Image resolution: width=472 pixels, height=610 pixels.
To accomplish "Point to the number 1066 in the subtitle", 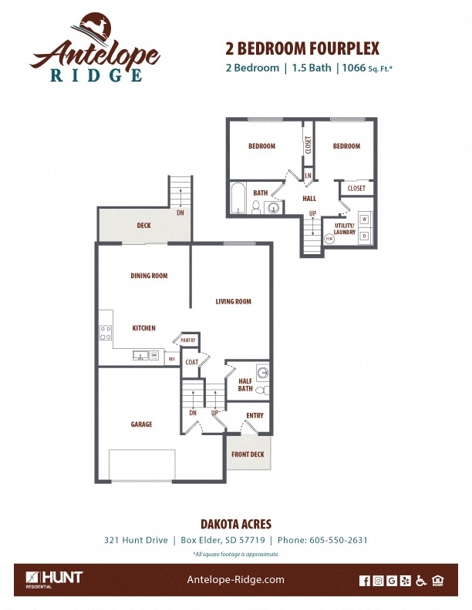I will click(x=352, y=68).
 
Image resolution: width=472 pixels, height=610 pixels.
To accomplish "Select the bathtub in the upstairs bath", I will click(x=238, y=199).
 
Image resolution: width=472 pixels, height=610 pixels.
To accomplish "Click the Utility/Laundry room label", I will click(x=344, y=229).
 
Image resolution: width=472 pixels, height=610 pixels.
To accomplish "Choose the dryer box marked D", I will click(x=364, y=235).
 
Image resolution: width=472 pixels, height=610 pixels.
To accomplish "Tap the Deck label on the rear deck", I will click(x=143, y=226).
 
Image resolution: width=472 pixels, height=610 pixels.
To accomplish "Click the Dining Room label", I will click(x=149, y=276).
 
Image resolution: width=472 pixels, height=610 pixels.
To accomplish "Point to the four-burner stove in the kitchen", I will click(x=105, y=333).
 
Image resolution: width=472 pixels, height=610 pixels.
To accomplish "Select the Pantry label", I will click(x=188, y=340).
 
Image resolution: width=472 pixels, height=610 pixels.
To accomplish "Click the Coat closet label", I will click(x=192, y=362).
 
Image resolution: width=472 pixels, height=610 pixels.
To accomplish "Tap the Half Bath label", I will click(x=245, y=384).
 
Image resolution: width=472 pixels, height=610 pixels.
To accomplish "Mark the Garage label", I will click(x=141, y=424).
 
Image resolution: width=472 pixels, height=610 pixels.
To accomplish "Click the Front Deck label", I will click(x=248, y=454).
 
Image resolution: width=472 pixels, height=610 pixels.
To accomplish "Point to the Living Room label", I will click(x=233, y=302).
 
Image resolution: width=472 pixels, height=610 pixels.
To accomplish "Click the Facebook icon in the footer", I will click(x=365, y=581).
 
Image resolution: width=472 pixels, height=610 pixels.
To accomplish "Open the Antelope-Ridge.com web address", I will click(x=236, y=580).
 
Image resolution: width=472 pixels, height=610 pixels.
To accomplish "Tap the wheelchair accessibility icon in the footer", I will click(x=421, y=581).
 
